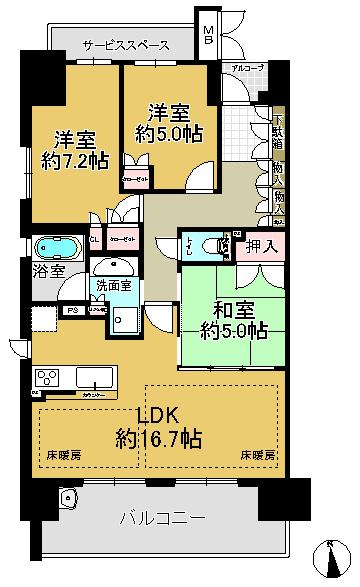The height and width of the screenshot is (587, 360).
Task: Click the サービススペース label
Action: pyautogui.click(x=125, y=46)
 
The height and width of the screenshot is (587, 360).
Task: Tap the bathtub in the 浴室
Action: pyautogui.click(x=56, y=248)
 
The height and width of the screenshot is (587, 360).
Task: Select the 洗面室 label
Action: pyautogui.click(x=113, y=285)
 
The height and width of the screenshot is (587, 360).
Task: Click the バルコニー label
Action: pyautogui.click(x=162, y=519)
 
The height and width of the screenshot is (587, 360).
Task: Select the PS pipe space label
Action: pyautogui.click(x=73, y=311)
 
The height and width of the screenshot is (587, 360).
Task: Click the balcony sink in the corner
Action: pyautogui.click(x=68, y=499)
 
